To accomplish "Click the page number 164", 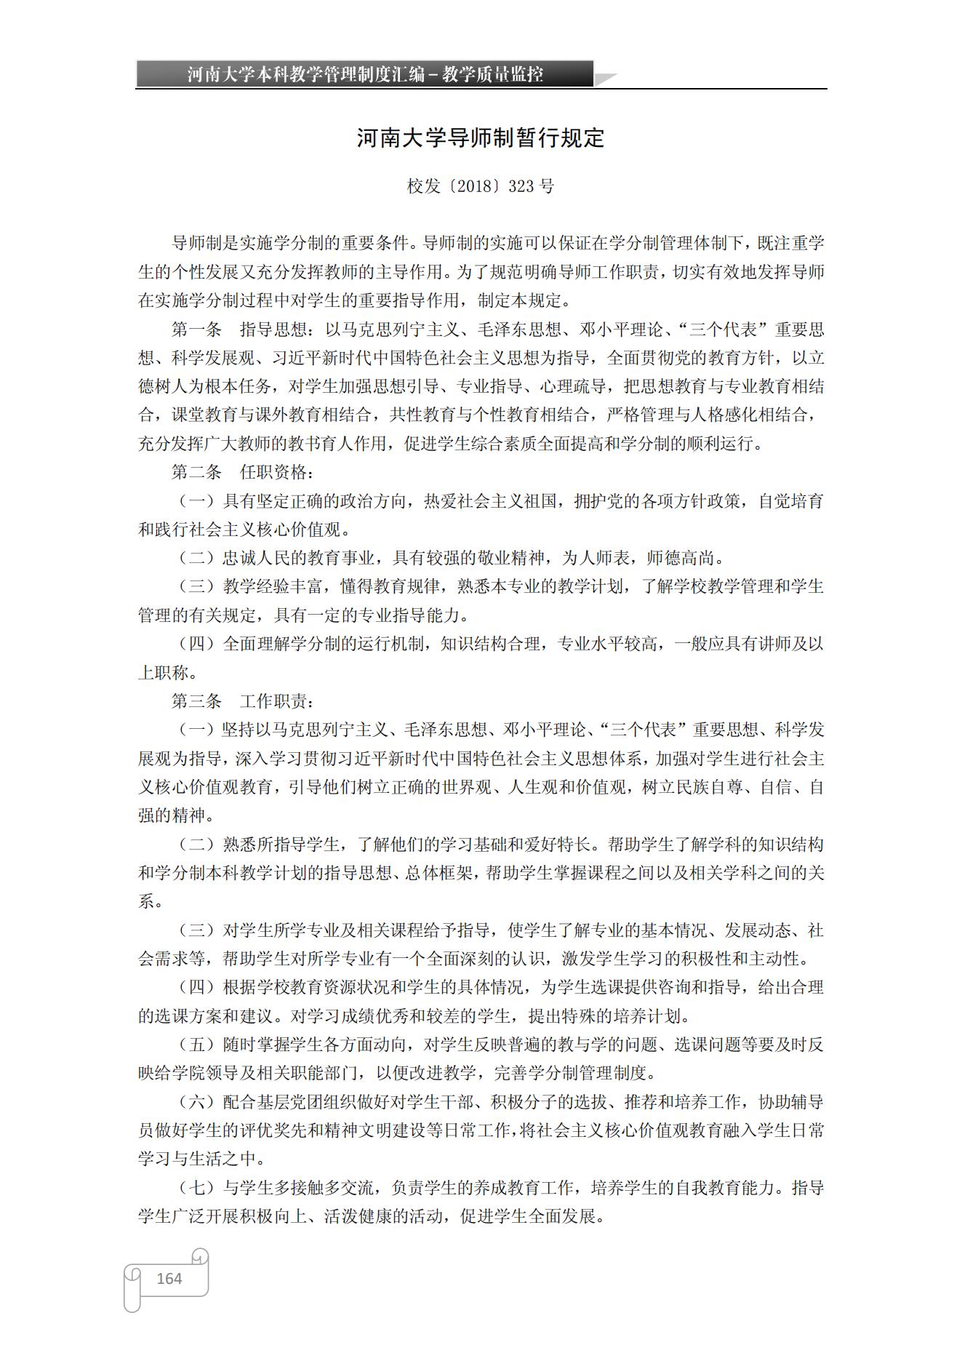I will click(x=169, y=1278).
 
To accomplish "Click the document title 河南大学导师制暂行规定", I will click(x=481, y=137).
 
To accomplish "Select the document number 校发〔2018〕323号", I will click(x=481, y=186).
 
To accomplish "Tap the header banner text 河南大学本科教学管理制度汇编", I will click(x=305, y=74).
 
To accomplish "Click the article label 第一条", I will click(x=196, y=330).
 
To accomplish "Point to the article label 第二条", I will click(x=196, y=472).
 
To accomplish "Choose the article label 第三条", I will click(x=196, y=701).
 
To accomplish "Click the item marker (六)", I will click(x=197, y=1102).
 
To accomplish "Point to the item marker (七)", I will click(x=197, y=1188).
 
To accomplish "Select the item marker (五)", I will click(x=197, y=1045).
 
